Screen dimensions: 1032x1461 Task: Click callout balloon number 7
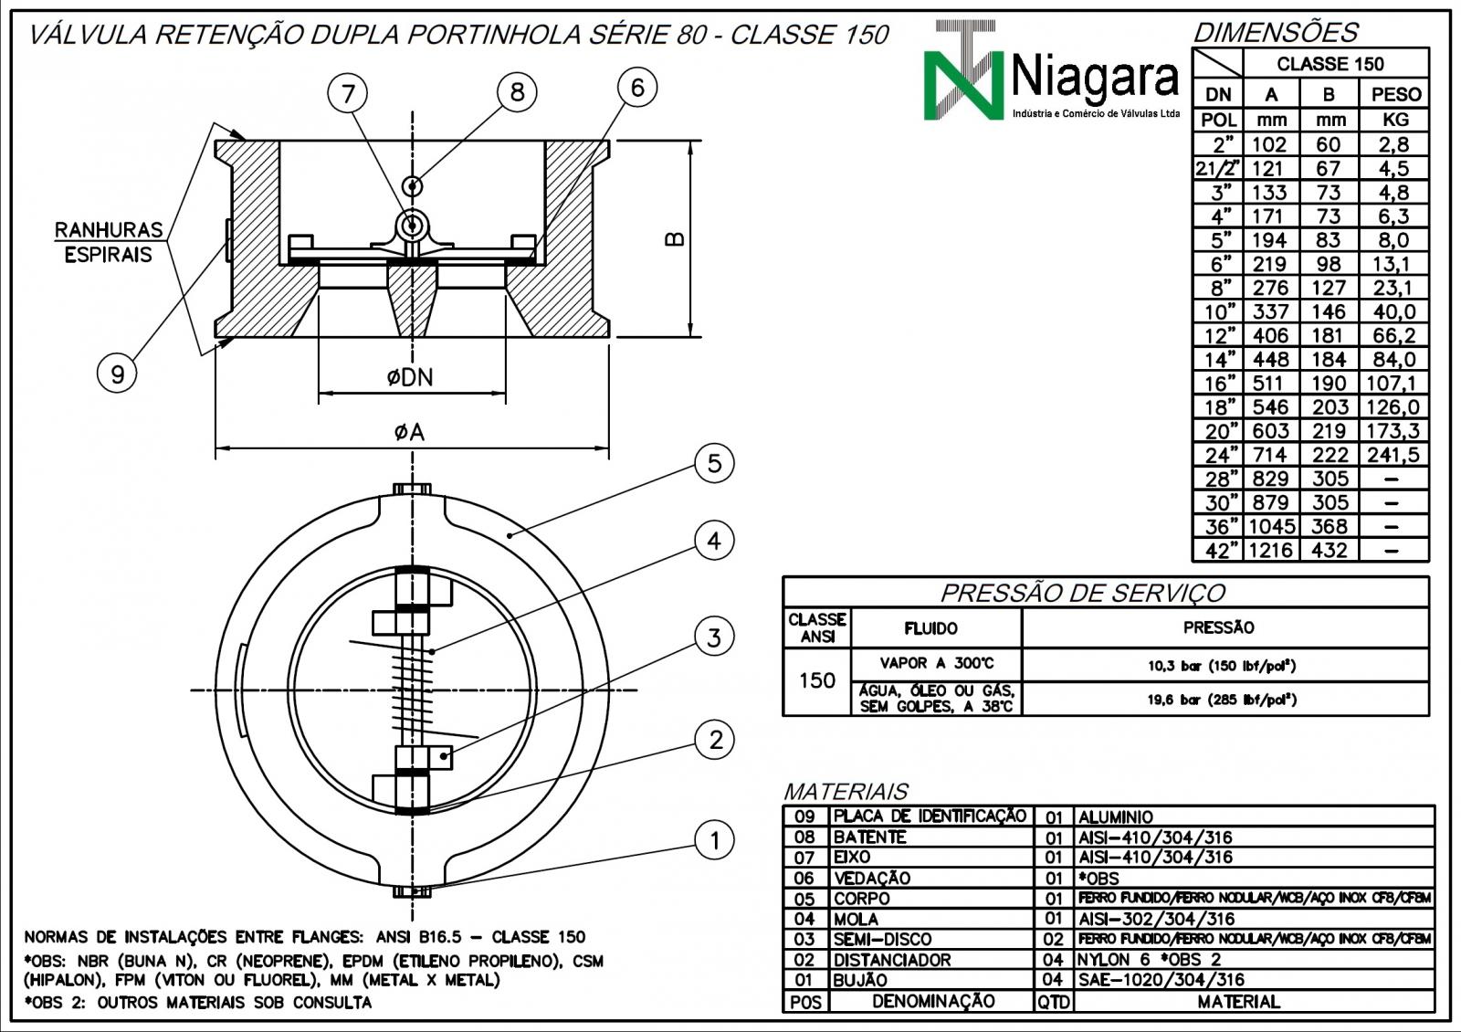tap(349, 92)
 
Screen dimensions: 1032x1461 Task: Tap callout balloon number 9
tap(117, 373)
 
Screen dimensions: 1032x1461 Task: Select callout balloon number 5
tap(714, 463)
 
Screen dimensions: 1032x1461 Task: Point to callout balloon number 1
tap(714, 840)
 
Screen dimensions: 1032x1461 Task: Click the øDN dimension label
tap(409, 376)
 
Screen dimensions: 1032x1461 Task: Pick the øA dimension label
tap(409, 432)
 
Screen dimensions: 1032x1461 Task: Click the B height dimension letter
tap(674, 238)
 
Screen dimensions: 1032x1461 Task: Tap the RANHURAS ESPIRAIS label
tap(108, 242)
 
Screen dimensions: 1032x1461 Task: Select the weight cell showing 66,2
tap(1394, 336)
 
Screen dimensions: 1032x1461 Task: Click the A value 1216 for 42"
tap(1270, 551)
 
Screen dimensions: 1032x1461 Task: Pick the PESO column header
tap(1395, 94)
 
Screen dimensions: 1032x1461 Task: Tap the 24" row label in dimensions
tap(1219, 455)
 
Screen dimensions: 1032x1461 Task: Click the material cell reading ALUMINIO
tap(1116, 816)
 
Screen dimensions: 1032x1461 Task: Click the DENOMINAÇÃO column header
tap(932, 1001)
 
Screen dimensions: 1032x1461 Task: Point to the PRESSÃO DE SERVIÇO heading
tap(1083, 594)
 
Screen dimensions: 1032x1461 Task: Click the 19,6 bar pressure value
tap(1222, 700)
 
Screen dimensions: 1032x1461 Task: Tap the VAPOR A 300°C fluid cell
tap(936, 664)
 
